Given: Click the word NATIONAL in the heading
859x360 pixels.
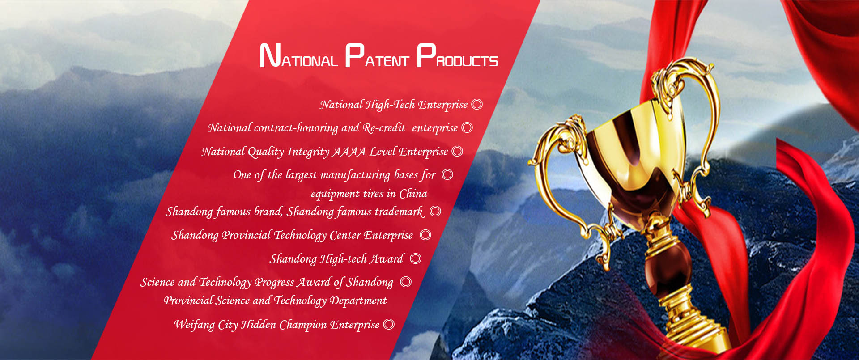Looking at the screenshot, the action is click(x=298, y=56).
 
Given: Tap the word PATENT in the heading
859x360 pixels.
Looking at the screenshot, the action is click(x=377, y=56).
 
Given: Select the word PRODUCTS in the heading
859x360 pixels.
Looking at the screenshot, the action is click(x=457, y=56).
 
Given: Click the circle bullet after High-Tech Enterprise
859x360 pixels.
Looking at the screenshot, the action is click(x=477, y=105).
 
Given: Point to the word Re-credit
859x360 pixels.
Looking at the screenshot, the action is click(x=384, y=128).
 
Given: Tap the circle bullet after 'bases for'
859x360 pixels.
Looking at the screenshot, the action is click(x=447, y=174).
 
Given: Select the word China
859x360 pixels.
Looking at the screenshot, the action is click(x=413, y=194).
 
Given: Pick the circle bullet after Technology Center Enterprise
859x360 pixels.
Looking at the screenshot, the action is click(x=425, y=235).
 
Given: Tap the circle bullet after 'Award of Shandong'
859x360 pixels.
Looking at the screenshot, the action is click(x=406, y=282).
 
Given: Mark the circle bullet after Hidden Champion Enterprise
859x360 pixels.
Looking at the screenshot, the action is click(x=389, y=324).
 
